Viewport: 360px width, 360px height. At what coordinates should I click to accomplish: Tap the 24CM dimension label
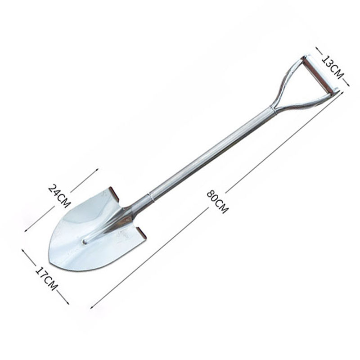[x=59, y=196]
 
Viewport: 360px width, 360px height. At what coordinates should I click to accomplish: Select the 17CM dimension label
[x=46, y=279]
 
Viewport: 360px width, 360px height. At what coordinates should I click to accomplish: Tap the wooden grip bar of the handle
[x=317, y=74]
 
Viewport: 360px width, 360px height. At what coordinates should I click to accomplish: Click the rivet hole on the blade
[x=85, y=242]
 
